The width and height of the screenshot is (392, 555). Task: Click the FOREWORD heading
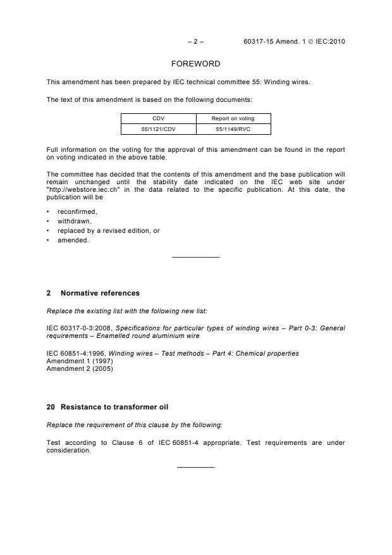click(195, 64)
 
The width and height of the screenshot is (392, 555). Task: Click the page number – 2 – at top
click(195, 42)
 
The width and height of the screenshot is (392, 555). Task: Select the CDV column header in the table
click(158, 118)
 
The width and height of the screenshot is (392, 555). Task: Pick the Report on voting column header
click(233, 118)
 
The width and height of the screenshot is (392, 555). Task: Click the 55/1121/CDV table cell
click(158, 129)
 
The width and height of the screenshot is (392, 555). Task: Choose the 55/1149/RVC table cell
click(233, 129)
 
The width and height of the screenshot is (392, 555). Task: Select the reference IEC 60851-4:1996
click(71, 352)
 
